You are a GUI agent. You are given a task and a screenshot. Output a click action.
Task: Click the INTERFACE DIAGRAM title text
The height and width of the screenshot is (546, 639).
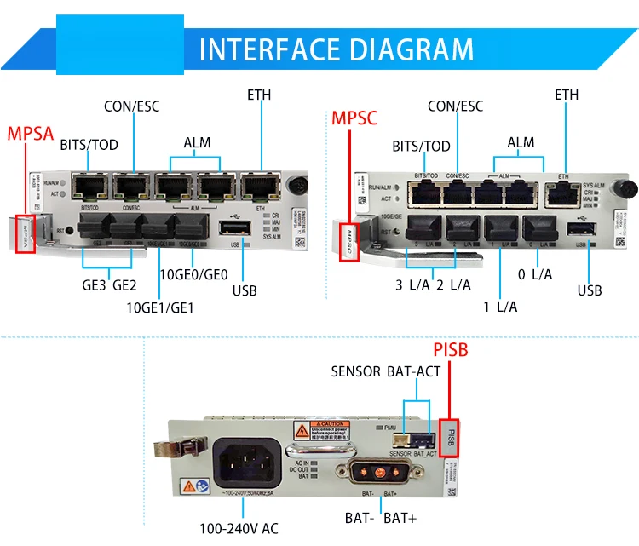(336, 49)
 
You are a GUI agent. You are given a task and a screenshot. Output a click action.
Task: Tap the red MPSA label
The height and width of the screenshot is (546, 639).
(31, 134)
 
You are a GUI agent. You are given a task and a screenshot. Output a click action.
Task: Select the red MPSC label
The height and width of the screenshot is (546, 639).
(354, 117)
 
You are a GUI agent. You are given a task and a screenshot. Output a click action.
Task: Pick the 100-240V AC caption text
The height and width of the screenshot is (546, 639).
(239, 528)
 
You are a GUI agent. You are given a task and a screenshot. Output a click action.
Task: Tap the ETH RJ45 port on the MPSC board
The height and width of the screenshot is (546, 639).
(560, 193)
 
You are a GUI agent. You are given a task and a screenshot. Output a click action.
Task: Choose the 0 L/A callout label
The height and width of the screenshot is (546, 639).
(535, 273)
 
